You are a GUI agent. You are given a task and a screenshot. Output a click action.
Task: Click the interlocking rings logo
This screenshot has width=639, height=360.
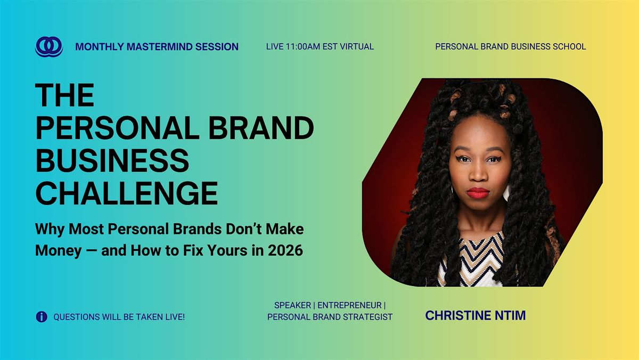tap(49, 46)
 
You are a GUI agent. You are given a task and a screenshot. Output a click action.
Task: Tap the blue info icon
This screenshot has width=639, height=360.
tap(42, 317)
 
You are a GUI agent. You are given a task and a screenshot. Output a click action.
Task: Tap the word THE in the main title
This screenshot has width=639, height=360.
tap(65, 95)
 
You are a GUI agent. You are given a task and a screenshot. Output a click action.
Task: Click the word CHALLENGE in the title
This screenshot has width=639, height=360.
tap(127, 193)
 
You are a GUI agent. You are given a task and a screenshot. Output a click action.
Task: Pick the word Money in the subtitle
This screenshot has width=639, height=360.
tap(59, 251)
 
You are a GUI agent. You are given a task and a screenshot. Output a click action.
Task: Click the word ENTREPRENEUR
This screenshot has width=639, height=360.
tap(349, 305)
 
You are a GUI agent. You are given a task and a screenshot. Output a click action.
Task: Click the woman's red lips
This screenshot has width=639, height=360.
tap(478, 193)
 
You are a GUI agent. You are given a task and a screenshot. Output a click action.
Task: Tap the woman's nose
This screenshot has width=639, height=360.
tap(478, 173)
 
